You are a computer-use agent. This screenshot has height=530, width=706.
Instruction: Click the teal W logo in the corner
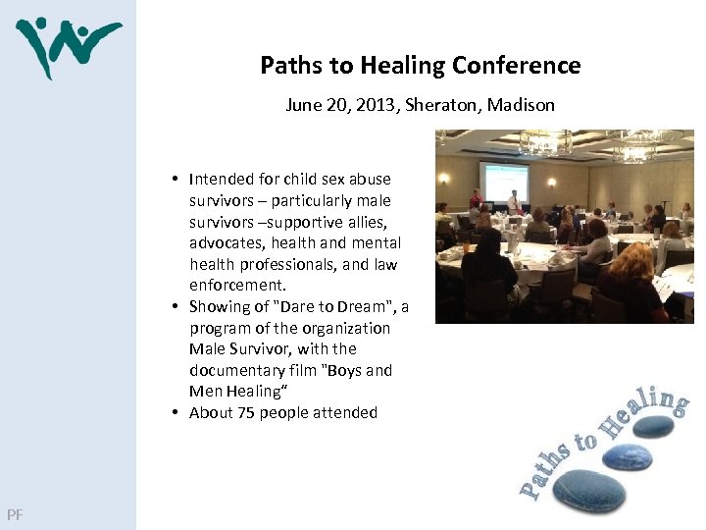[x=67, y=45]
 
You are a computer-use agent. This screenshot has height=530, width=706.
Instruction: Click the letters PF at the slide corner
[x=14, y=514]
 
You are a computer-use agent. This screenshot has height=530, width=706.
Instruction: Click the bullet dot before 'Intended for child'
[x=175, y=179]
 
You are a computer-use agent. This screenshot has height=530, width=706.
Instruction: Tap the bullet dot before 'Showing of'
[x=175, y=307]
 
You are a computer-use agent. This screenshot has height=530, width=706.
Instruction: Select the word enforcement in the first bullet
[x=236, y=286]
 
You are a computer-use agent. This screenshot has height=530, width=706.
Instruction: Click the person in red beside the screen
[x=476, y=199]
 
